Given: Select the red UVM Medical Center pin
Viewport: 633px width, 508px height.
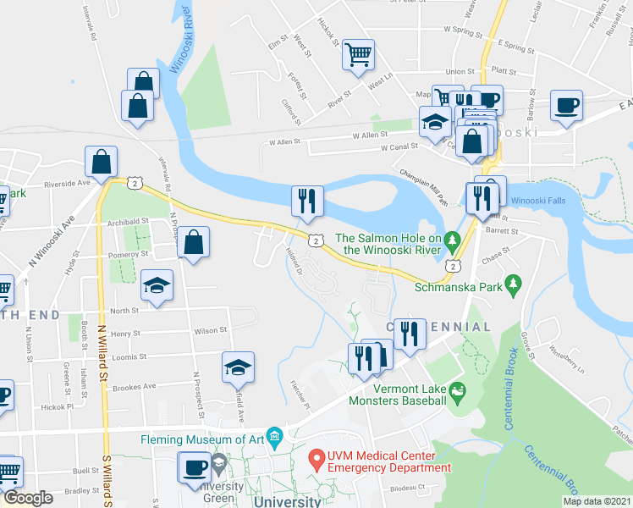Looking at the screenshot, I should pyautogui.click(x=316, y=461).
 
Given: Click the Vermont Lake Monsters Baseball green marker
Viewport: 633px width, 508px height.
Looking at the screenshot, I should pyautogui.click(x=458, y=390).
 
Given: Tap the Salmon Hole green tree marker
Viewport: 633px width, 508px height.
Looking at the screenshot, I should pyautogui.click(x=453, y=242).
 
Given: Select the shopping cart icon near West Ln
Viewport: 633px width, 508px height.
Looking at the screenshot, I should pyautogui.click(x=358, y=55).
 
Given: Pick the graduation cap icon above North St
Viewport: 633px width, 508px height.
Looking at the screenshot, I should pyautogui.click(x=157, y=285).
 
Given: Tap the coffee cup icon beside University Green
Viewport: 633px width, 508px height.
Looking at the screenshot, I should pyautogui.click(x=195, y=467).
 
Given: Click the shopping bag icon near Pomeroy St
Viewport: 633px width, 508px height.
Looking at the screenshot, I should pyautogui.click(x=194, y=242).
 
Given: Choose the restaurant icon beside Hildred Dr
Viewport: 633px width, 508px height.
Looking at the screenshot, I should pyautogui.click(x=306, y=201).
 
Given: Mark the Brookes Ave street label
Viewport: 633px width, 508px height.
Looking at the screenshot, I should pyautogui.click(x=136, y=386).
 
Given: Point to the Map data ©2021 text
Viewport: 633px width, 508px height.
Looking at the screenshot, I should pyautogui.click(x=596, y=501).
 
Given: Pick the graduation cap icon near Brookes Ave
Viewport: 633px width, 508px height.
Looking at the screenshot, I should pyautogui.click(x=238, y=367).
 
